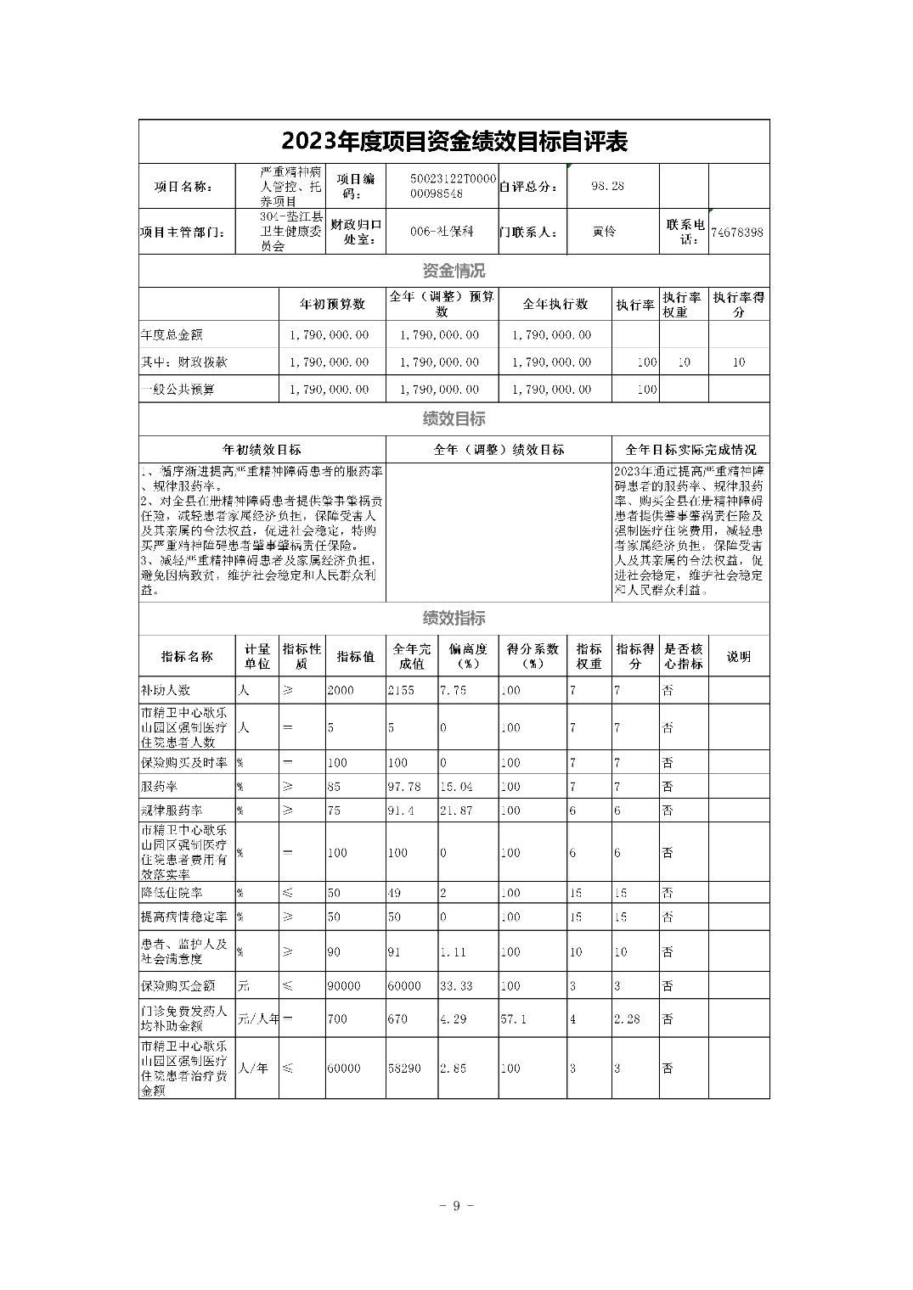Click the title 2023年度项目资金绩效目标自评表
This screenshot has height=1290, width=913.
coord(454,142)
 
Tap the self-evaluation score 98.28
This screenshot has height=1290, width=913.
coord(607,186)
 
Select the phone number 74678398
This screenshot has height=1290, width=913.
coord(737,232)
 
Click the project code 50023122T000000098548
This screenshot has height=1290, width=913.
coord(442,186)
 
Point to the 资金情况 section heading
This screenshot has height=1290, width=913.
coord(454,271)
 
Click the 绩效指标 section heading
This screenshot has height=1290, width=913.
coord(454,618)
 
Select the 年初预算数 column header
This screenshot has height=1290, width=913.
coord(332,304)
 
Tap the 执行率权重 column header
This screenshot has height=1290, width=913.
coord(683,304)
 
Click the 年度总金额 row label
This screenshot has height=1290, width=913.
coord(172,334)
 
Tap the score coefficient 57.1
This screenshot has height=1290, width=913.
coord(514,1018)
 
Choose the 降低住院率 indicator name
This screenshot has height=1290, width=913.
coord(172,893)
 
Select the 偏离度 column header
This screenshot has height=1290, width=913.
coord(468,656)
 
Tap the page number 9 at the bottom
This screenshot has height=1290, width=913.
coord(456,1205)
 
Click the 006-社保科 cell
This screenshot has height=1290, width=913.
coord(442,231)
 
